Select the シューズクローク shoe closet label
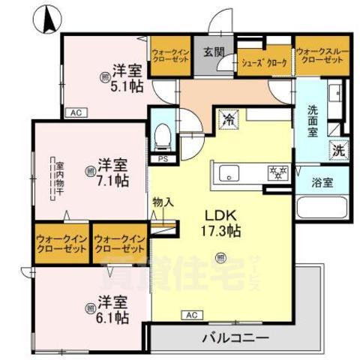pyautogui.click(x=264, y=63)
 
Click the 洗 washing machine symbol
pyautogui.click(x=340, y=149)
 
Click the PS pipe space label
pyautogui.click(x=163, y=160)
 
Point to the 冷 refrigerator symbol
pyautogui.click(x=228, y=118)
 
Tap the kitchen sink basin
pyautogui.click(x=226, y=175)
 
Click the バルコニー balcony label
pyautogui.click(x=235, y=338)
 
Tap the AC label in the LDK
pyautogui.click(x=191, y=316)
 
